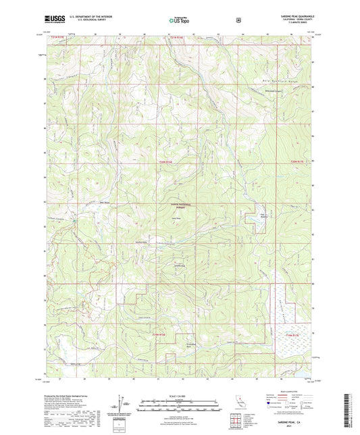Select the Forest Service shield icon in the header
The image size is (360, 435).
tap(238, 20)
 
